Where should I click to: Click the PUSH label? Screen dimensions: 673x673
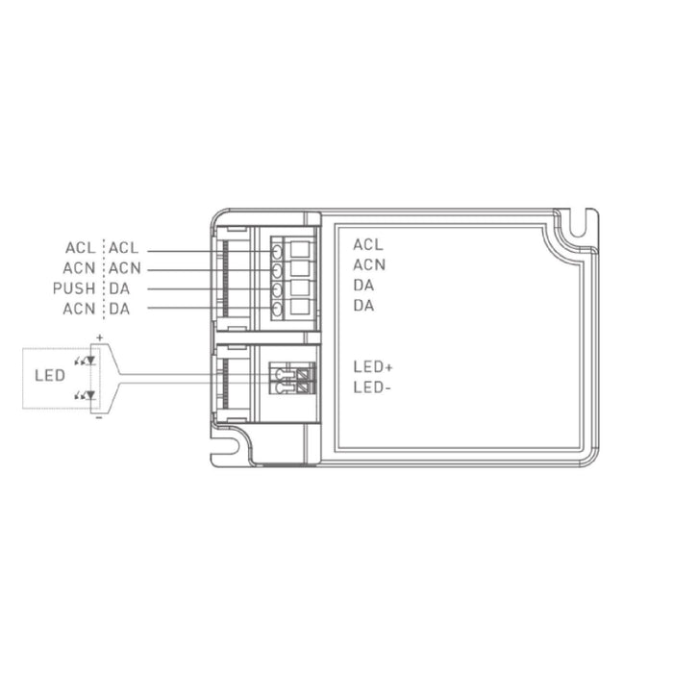click(x=74, y=288)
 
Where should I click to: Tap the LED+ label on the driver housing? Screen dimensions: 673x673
click(x=373, y=367)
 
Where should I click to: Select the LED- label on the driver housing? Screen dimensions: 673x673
click(x=372, y=387)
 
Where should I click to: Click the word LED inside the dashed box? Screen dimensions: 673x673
click(x=50, y=376)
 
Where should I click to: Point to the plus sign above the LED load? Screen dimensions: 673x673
click(x=100, y=337)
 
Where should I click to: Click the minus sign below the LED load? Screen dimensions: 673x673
click(x=99, y=416)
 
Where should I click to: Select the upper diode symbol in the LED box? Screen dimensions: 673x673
click(x=86, y=361)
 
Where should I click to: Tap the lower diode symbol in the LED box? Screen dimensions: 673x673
click(x=86, y=395)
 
